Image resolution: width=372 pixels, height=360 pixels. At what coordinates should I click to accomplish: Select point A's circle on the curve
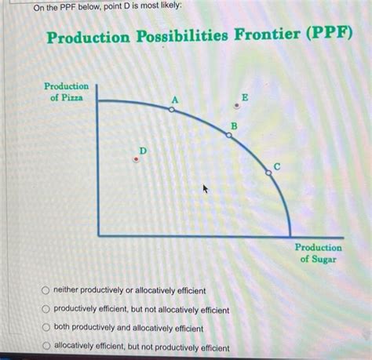172,111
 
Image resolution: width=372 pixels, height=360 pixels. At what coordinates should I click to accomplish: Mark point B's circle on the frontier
228,135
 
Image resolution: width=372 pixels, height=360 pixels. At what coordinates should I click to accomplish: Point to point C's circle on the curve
268,173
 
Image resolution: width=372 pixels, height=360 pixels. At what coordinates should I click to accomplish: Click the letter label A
175,100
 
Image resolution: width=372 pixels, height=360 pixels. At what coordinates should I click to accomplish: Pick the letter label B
233,125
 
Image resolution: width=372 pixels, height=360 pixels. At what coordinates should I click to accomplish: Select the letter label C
276,165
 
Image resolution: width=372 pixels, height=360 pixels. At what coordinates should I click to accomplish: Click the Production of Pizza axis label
66,91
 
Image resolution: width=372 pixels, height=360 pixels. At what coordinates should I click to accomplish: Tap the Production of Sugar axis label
318,253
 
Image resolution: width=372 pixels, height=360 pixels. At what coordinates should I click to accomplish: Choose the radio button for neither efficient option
46,290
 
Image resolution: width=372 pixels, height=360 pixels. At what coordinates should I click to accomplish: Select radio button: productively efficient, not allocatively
46,309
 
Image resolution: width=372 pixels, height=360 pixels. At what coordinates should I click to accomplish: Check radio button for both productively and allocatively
46,328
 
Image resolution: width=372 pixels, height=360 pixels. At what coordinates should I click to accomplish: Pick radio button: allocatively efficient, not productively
46,347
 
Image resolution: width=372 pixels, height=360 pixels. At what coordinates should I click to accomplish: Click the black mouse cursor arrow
206,189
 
